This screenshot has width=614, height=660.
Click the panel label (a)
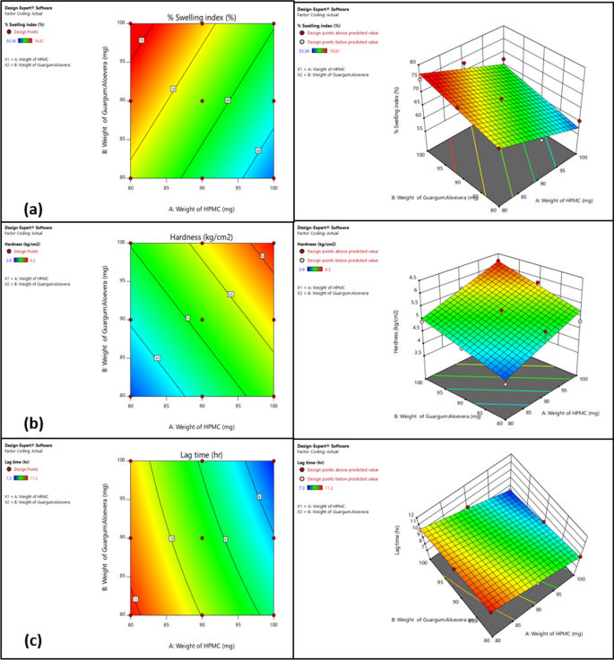tap(34, 210)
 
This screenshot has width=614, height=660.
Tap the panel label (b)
tap(34, 424)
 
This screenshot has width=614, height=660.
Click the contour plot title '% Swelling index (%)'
tap(202, 15)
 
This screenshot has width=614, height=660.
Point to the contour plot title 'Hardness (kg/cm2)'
tap(202, 236)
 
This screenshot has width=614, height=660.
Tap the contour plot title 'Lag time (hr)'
tap(202, 455)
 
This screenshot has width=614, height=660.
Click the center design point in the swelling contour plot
tap(202, 100)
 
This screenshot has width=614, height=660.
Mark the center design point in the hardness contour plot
tap(202, 320)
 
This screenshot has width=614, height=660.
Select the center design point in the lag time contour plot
tap(202, 538)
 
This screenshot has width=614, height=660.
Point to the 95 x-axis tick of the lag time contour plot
tap(238, 622)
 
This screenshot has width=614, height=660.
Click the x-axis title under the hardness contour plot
tap(202, 414)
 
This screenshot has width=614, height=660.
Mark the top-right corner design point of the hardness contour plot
tap(272, 243)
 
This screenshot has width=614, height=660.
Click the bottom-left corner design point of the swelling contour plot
tap(131, 178)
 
